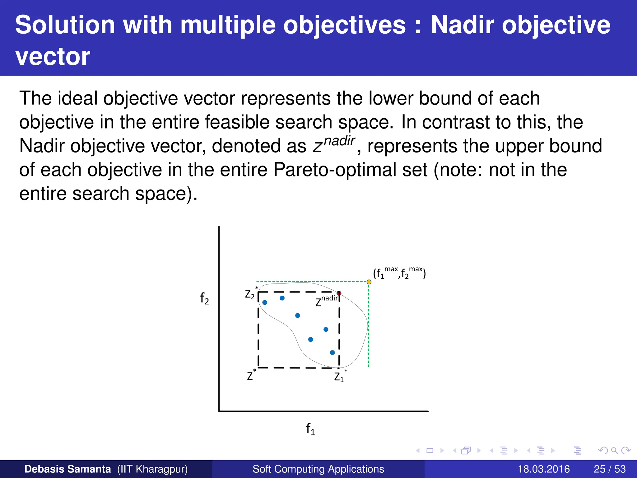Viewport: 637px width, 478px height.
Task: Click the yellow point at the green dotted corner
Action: click(x=369, y=282)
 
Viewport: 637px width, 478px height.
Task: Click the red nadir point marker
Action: click(x=339, y=293)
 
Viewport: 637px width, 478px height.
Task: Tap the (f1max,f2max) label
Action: click(x=399, y=273)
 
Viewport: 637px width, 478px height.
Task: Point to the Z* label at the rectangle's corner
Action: click(x=251, y=375)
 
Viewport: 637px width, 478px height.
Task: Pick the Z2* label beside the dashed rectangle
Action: click(x=251, y=293)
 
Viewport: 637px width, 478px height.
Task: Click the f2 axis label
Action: click(x=204, y=298)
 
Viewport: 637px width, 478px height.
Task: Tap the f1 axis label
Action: click(x=310, y=429)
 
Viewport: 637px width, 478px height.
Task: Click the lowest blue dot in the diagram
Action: click(x=332, y=353)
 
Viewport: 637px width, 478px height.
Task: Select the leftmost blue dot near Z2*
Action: click(x=265, y=302)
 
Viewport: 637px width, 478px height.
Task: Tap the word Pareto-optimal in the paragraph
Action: click(x=351, y=170)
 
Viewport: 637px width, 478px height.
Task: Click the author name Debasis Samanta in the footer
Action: click(x=67, y=469)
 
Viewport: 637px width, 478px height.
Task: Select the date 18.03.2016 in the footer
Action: click(x=543, y=469)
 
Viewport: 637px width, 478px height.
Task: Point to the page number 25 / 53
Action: click(x=610, y=469)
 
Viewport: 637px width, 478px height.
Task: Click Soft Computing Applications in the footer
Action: click(x=318, y=469)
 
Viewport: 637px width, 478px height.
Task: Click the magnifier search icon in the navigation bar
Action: click(x=614, y=450)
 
